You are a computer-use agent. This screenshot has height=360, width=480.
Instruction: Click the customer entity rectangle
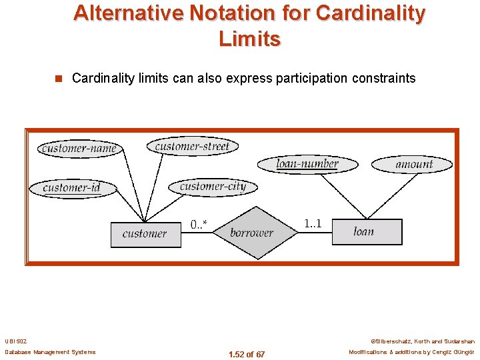pos(145,234)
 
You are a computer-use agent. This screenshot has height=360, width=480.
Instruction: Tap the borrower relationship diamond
pos(251,233)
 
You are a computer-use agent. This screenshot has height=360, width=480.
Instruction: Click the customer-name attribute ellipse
pos(79,148)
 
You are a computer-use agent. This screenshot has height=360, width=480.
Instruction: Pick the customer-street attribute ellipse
pos(192,146)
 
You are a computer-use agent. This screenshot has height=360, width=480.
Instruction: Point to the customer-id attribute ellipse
pos(72,187)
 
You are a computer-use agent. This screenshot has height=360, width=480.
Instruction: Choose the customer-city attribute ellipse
pos(213,187)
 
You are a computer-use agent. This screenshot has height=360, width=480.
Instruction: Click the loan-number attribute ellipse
pos(307,163)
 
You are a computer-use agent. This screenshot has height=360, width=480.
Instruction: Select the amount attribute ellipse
pos(414,164)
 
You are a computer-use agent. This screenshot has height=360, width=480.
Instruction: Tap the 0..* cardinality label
pos(199,225)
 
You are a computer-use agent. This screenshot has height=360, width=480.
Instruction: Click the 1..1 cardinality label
pos(312,223)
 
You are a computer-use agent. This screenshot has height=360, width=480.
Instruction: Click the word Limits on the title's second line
pos(249,39)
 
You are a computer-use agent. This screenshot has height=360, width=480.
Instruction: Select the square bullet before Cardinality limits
pos(58,79)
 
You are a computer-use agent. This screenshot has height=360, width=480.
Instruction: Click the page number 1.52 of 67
pos(246,354)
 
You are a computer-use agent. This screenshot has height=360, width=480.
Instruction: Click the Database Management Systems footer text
pos(50,352)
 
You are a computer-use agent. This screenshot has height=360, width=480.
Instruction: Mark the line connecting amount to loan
pos(390,195)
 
